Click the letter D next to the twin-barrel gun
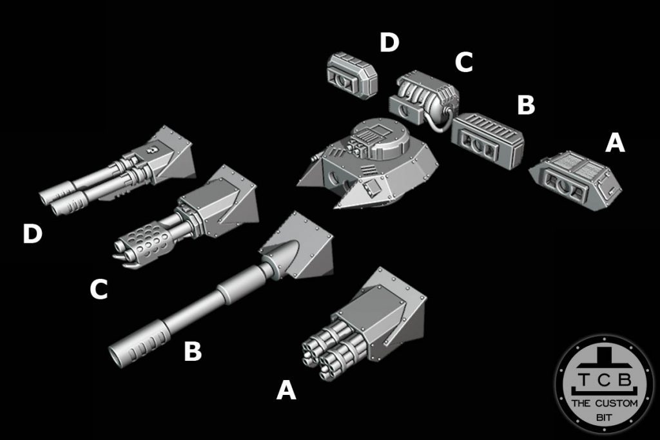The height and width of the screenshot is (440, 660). coord(32,234)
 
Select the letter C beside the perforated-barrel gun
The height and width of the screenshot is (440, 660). coord(98,290)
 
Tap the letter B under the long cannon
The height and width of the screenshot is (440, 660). coord(193,352)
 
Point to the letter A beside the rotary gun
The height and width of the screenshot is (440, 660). coord(286,390)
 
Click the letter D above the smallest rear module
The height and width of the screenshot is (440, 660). coord(389,43)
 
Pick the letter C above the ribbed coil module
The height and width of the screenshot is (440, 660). coord(464,63)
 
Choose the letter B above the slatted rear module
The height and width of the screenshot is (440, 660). coord(526,105)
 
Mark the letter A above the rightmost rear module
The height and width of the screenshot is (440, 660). coord(615,144)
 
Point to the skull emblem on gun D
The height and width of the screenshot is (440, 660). coord(148,151)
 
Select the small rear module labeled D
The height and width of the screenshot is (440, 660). coord(351,76)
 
